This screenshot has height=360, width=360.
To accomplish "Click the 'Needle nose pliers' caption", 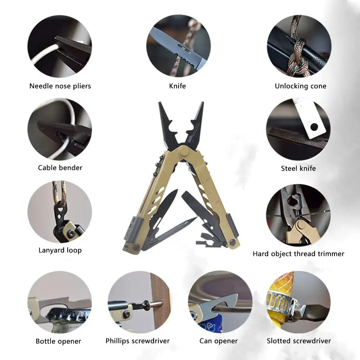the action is (x=60, y=86).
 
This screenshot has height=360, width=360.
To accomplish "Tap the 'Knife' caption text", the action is (x=177, y=86).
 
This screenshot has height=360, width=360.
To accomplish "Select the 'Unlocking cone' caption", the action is (x=301, y=86).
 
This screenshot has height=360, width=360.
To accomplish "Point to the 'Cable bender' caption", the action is (x=60, y=168).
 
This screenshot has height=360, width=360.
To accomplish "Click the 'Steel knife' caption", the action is (x=298, y=168).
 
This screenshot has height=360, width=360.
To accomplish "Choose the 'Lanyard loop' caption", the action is (x=60, y=250).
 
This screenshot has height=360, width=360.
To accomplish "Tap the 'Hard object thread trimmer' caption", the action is (x=298, y=254).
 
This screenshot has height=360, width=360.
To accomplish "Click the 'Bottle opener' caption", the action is (x=58, y=341).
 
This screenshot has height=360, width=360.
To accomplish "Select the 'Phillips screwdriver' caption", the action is (x=138, y=341).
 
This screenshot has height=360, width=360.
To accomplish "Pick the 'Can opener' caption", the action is (x=219, y=341).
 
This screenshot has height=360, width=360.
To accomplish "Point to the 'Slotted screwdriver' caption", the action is (x=299, y=341).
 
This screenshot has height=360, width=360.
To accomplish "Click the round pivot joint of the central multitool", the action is (x=184, y=152).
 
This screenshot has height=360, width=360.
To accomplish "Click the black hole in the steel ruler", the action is (x=314, y=127).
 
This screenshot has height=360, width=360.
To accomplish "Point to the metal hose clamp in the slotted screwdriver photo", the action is (x=280, y=303).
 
